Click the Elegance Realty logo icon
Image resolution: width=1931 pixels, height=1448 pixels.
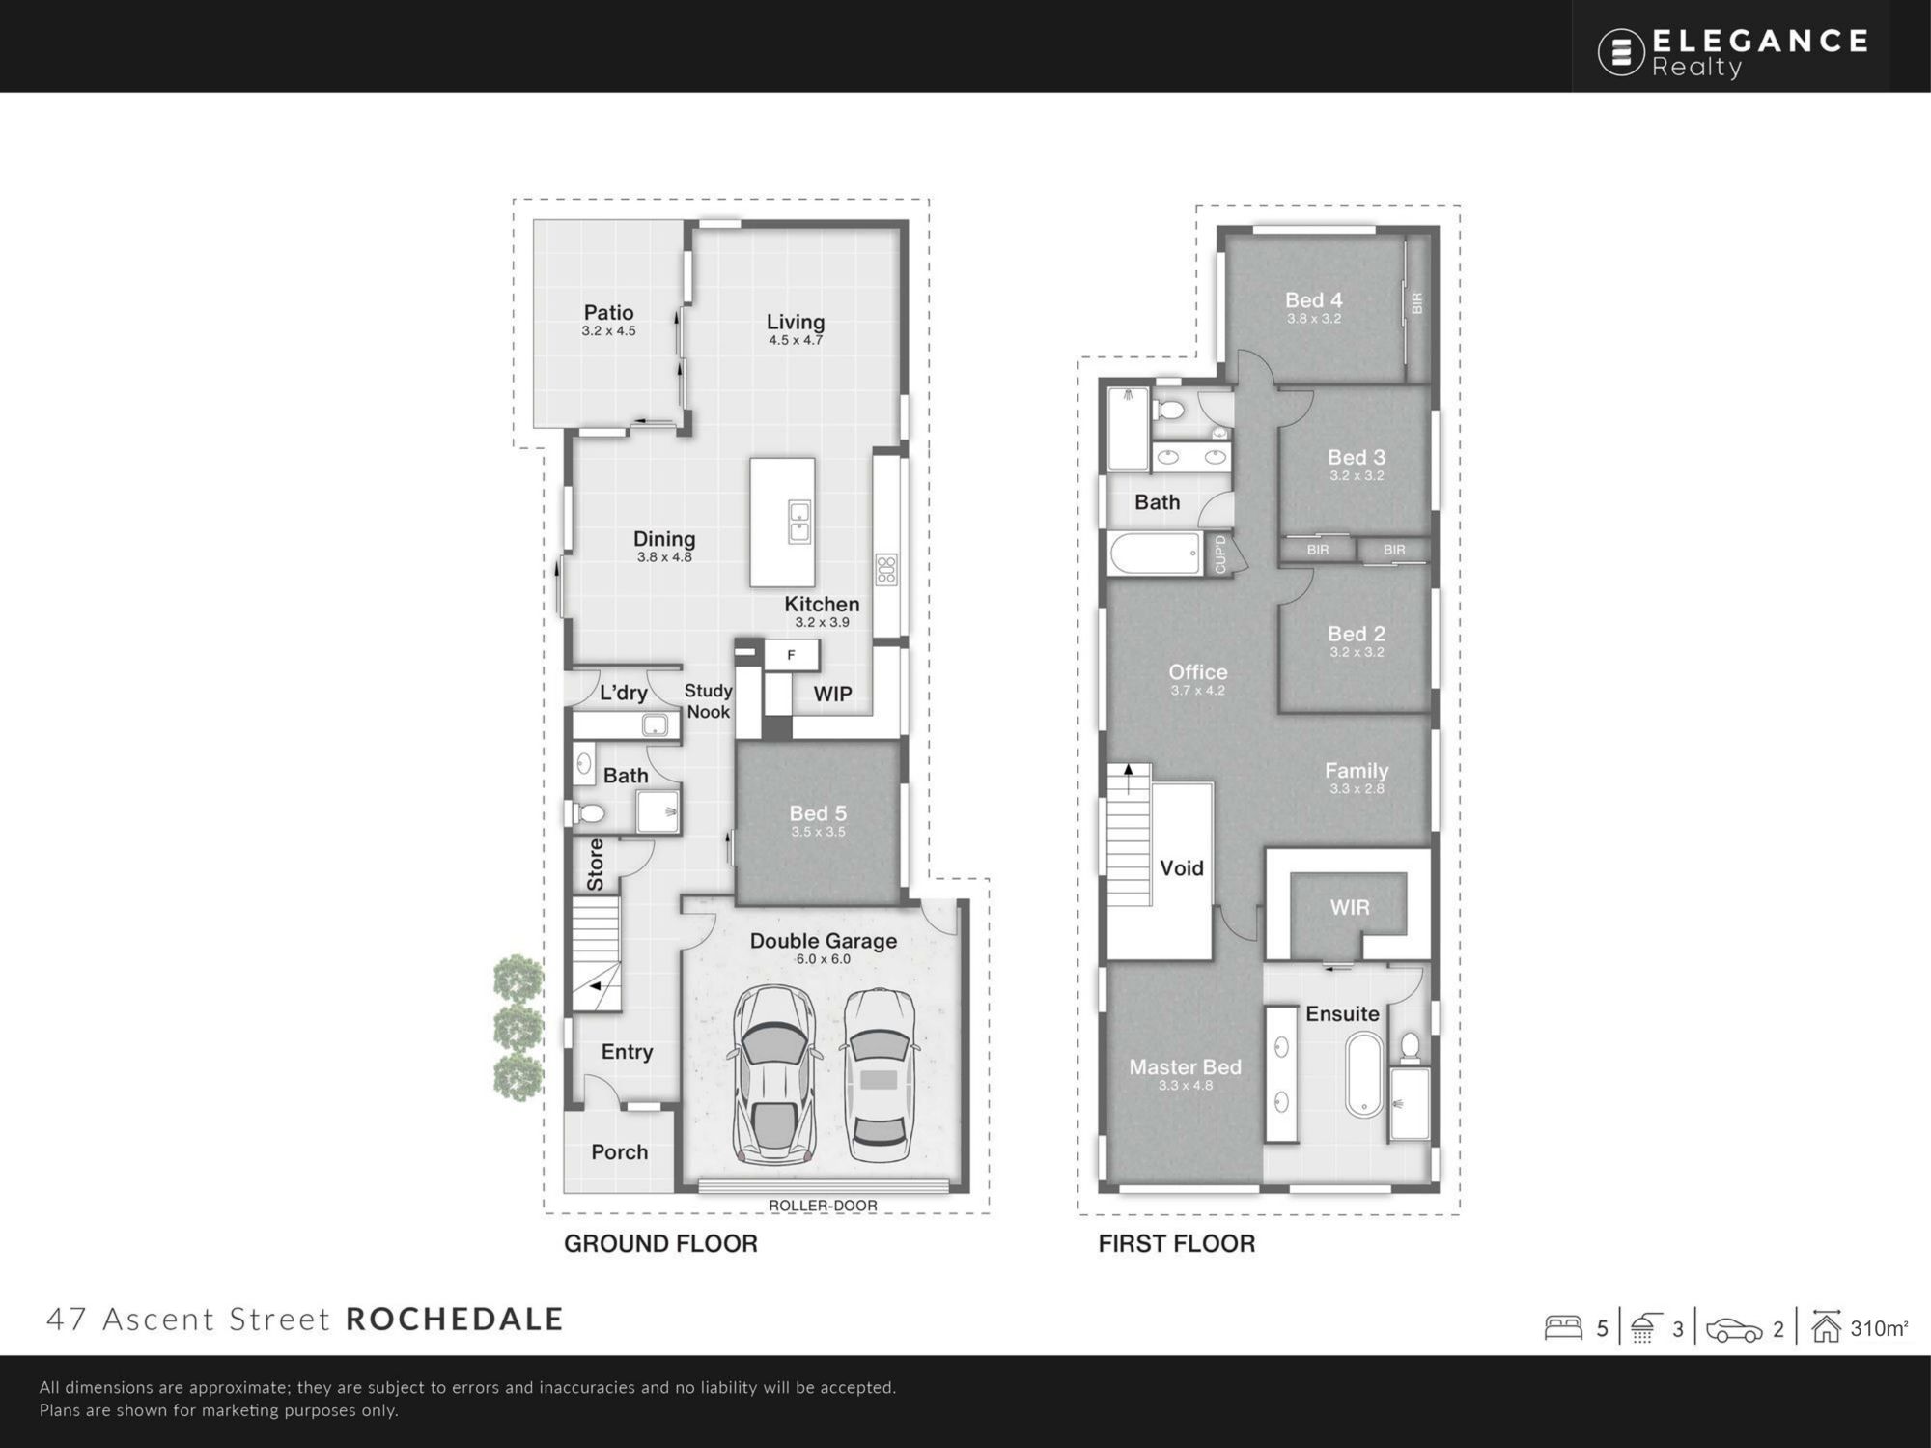(x=1621, y=52)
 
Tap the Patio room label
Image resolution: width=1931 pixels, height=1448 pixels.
(x=608, y=312)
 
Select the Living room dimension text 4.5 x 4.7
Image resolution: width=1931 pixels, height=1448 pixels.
(x=796, y=340)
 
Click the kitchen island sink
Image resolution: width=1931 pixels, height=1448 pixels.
(x=799, y=522)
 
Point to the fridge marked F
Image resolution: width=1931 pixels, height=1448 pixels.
(x=792, y=655)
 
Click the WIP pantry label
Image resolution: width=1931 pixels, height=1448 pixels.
(x=832, y=694)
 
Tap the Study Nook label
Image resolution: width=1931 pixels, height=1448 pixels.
(x=709, y=701)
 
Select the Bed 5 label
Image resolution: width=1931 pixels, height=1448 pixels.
(x=818, y=813)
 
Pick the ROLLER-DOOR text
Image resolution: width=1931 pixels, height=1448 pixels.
(x=823, y=1206)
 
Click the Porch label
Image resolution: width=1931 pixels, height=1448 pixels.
(x=619, y=1152)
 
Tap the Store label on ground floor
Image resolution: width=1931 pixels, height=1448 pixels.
(x=596, y=865)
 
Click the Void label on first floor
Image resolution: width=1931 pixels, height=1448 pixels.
(x=1182, y=868)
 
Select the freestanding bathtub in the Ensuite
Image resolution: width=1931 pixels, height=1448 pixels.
(x=1365, y=1075)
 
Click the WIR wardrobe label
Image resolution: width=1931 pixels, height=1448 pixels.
(x=1350, y=907)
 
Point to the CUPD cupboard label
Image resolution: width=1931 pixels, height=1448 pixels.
(x=1220, y=554)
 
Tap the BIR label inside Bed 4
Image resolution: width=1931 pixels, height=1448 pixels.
(x=1417, y=303)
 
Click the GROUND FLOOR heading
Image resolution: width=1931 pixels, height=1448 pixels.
(x=660, y=1243)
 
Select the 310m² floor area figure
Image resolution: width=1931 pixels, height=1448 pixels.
(x=1879, y=1328)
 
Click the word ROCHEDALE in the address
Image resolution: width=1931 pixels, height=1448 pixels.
(x=454, y=1319)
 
